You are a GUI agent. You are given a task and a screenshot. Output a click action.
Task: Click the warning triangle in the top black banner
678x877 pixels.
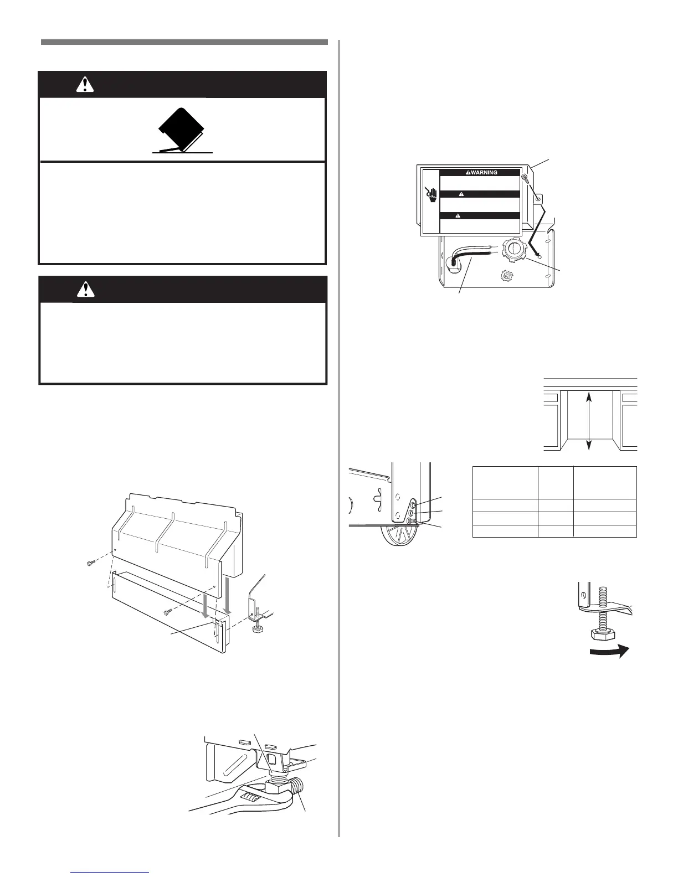(x=85, y=84)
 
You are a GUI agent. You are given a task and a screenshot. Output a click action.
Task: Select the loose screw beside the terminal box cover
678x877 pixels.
(x=526, y=178)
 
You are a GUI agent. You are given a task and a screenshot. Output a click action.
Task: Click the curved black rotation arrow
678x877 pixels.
(x=609, y=652)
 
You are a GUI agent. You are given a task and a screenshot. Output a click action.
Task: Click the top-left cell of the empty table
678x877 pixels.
(x=505, y=482)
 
